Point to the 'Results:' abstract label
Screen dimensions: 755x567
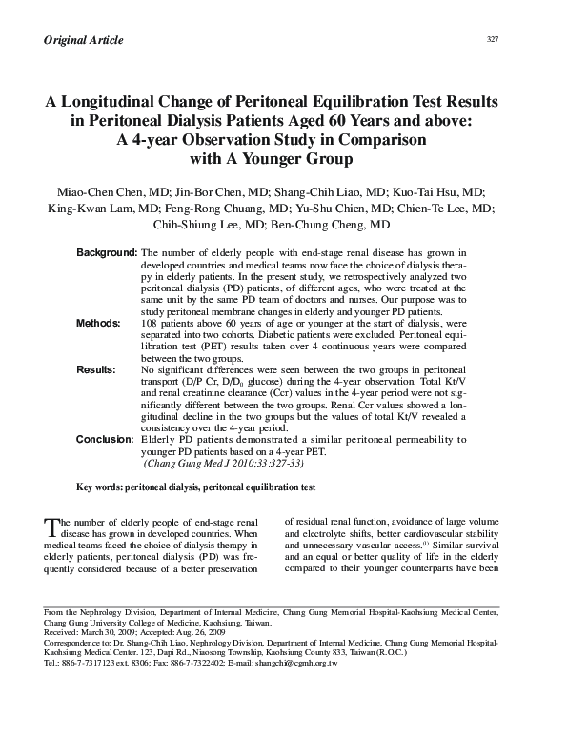tap(95, 368)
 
